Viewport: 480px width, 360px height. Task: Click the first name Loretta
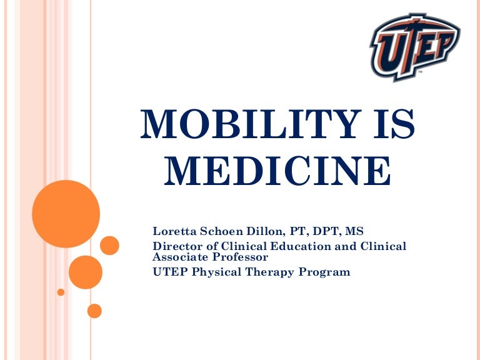pos(174,232)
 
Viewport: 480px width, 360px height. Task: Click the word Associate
pos(180,256)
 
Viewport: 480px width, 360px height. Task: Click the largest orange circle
pos(66,214)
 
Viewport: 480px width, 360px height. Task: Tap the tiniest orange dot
pos(61,292)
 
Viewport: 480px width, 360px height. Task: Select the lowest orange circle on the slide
pos(94,310)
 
